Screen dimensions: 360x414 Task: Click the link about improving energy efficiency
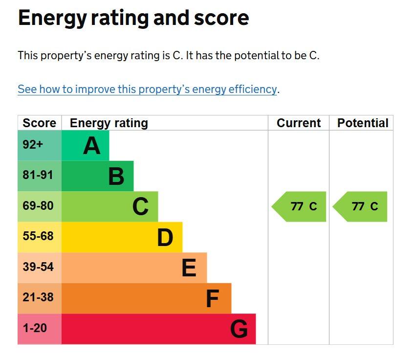(147, 90)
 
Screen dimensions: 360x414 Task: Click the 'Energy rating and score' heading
(133, 18)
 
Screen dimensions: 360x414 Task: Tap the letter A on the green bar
(91, 145)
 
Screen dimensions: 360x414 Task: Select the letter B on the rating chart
(116, 176)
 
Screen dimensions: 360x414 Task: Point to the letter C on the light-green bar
(140, 206)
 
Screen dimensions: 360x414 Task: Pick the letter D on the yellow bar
(165, 237)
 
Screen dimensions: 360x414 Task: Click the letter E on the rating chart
(189, 268)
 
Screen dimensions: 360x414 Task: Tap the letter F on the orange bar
(212, 299)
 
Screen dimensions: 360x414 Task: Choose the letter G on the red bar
(239, 329)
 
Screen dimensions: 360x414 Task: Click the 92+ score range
(33, 145)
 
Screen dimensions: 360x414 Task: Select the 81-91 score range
(38, 175)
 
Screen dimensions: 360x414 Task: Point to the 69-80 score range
(38, 206)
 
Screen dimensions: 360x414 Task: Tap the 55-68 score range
(38, 236)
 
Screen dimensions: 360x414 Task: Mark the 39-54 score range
(38, 267)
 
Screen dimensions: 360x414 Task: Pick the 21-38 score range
(38, 297)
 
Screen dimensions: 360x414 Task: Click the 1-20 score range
(35, 328)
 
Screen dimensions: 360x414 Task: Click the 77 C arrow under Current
(299, 206)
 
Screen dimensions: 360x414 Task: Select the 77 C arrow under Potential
(360, 206)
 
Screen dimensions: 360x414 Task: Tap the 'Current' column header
(299, 123)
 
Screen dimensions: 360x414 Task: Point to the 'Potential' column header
(363, 123)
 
